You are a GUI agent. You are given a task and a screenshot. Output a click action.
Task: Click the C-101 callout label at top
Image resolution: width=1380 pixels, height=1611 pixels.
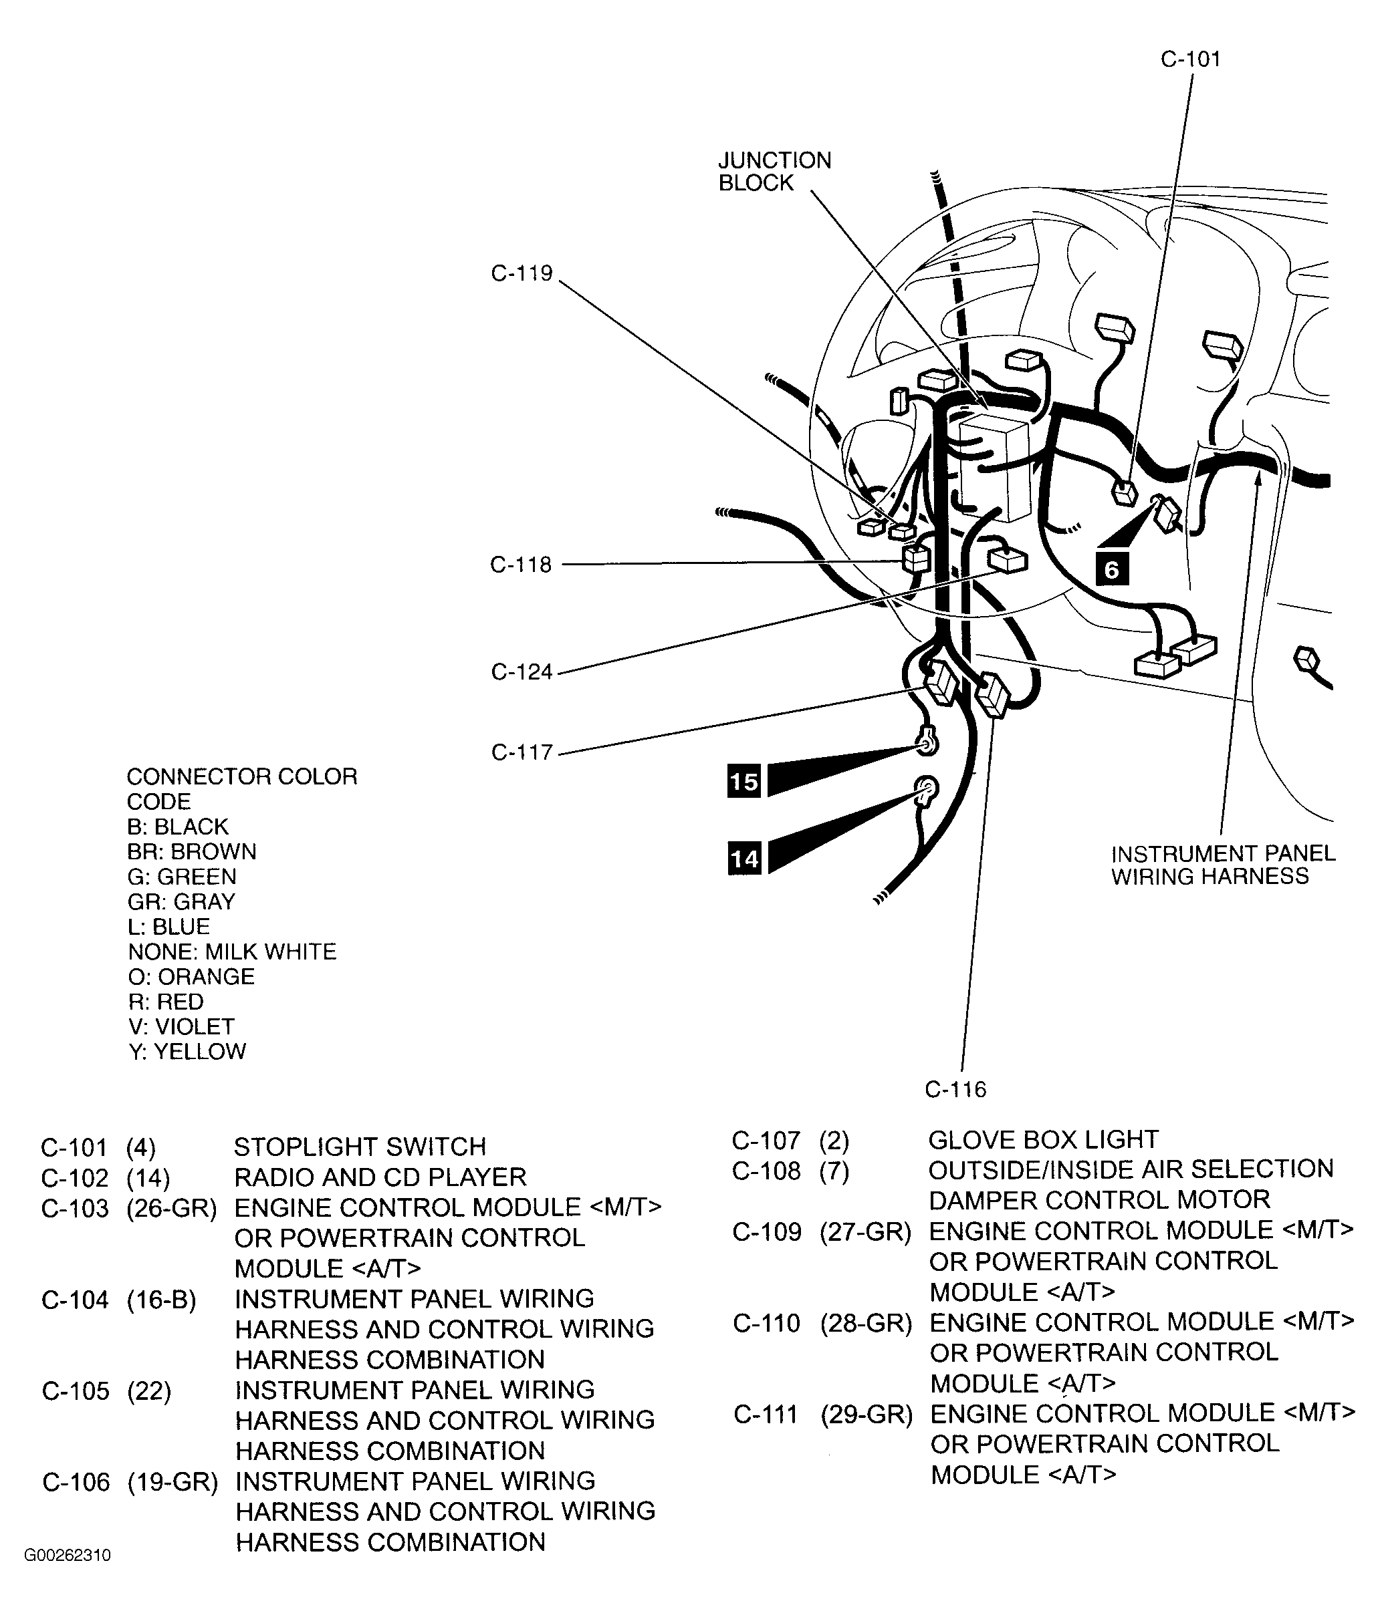pos(1190,59)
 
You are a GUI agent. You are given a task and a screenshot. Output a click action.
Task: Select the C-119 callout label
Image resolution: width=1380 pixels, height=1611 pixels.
pos(522,274)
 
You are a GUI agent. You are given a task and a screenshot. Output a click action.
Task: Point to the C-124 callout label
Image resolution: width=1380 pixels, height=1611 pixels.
pos(522,672)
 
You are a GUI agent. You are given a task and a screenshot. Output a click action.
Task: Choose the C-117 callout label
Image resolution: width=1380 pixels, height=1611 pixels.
pos(522,752)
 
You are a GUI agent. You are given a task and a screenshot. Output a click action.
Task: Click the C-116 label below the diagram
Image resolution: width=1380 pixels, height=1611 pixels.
pos(955,1089)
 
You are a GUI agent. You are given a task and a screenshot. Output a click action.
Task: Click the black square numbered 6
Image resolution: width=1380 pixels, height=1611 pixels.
pos(1112,570)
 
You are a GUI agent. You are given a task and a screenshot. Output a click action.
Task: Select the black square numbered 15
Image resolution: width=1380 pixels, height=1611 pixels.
pos(743,780)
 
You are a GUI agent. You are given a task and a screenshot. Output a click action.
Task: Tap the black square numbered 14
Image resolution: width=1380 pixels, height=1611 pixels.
pos(743,859)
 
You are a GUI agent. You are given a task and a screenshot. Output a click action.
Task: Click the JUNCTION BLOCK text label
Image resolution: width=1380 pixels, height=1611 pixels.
pos(774,171)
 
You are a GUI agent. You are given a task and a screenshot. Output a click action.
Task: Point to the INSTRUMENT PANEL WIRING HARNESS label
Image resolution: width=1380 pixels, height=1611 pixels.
pos(1223,865)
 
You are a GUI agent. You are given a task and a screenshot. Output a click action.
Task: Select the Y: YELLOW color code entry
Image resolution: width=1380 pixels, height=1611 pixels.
pos(187,1052)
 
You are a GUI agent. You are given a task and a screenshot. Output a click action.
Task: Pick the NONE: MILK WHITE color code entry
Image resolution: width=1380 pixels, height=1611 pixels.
pos(232,951)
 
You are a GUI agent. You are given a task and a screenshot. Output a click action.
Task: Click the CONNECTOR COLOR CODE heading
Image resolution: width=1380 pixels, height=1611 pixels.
pos(241,788)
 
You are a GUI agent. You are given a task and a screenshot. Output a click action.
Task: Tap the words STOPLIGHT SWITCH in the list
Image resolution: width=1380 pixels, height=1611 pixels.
pos(360,1147)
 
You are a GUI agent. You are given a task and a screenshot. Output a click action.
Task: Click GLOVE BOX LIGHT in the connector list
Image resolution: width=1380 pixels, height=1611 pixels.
pos(1043,1140)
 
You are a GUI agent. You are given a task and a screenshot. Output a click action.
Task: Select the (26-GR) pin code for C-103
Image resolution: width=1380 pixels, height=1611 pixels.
pos(171,1207)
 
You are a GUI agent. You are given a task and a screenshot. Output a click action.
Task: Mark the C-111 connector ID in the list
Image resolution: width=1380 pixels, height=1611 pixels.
pos(766,1415)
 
